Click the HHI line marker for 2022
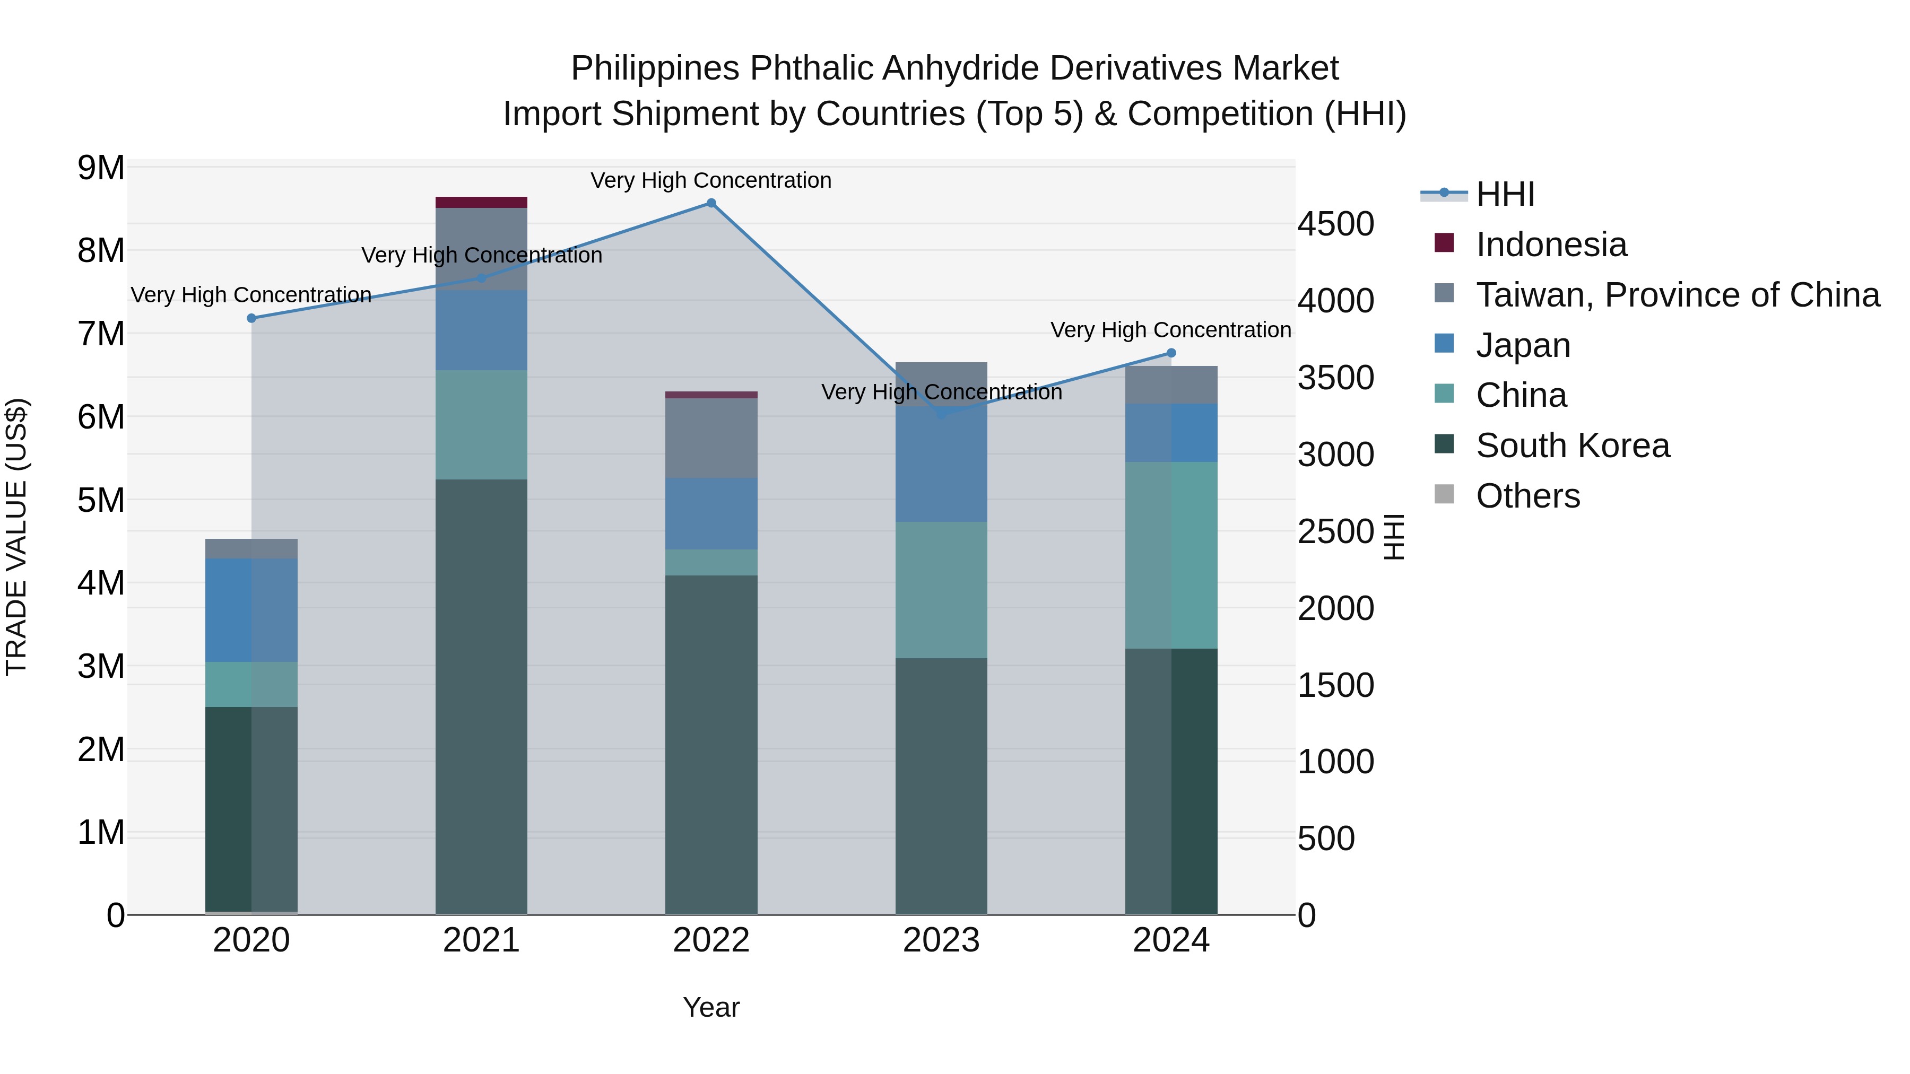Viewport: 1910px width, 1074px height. click(x=711, y=203)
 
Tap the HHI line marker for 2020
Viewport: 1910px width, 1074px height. click(x=251, y=318)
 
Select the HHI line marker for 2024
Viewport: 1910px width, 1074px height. click(x=1171, y=353)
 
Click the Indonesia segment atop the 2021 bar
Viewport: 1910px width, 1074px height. click(x=481, y=203)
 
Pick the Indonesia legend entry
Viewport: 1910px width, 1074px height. click(x=1551, y=245)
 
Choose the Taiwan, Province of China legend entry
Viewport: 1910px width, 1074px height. click(x=1677, y=295)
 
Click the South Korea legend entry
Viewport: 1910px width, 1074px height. click(x=1572, y=446)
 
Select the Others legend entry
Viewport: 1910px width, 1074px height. click(x=1527, y=496)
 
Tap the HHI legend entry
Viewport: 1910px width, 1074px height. click(x=1505, y=194)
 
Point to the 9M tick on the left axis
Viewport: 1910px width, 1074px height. click(x=101, y=168)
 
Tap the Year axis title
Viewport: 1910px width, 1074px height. click(x=711, y=1007)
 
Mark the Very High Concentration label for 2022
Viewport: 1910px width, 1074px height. click(x=711, y=180)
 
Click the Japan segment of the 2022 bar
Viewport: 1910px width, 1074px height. click(x=711, y=513)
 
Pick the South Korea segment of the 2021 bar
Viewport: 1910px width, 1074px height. click(x=481, y=697)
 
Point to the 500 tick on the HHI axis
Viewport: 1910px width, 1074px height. click(x=1326, y=839)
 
